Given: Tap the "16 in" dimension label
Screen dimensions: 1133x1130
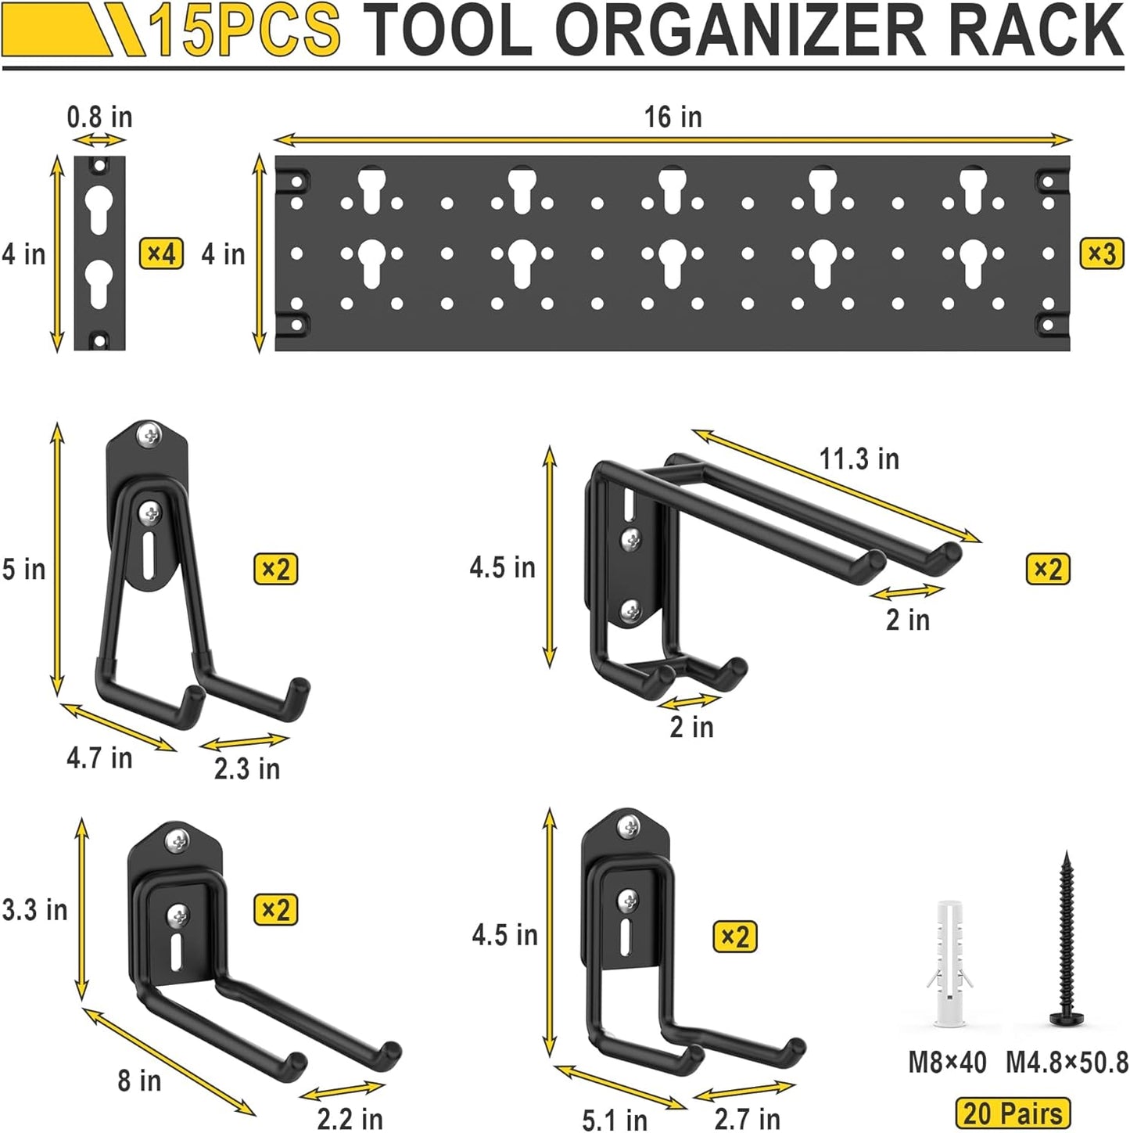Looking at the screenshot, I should tap(673, 117).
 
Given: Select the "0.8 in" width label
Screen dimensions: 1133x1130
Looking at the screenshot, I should tap(99, 117).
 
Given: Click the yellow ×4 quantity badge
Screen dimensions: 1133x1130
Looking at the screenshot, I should tap(161, 254).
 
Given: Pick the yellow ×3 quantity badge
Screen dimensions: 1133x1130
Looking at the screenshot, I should tap(1102, 254).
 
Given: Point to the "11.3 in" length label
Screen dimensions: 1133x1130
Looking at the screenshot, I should tap(859, 459).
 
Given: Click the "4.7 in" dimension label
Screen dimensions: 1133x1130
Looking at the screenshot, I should tap(99, 757).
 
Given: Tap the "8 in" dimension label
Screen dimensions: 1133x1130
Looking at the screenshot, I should tap(139, 1081).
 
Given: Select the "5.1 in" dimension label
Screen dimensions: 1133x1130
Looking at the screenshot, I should tap(615, 1120).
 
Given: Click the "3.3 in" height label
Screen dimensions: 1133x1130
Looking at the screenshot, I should tap(35, 910).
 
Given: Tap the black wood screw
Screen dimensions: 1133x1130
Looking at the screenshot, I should tap(1065, 939).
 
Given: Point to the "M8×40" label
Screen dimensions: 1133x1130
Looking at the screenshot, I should tap(947, 1063).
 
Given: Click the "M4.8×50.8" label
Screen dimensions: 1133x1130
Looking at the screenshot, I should tap(1067, 1063).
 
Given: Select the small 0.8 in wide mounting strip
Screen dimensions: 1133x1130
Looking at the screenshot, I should tap(99, 253).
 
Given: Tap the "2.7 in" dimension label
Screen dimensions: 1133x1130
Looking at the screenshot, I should tap(747, 1120).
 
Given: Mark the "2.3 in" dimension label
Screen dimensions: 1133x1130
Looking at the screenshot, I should tap(247, 768).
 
